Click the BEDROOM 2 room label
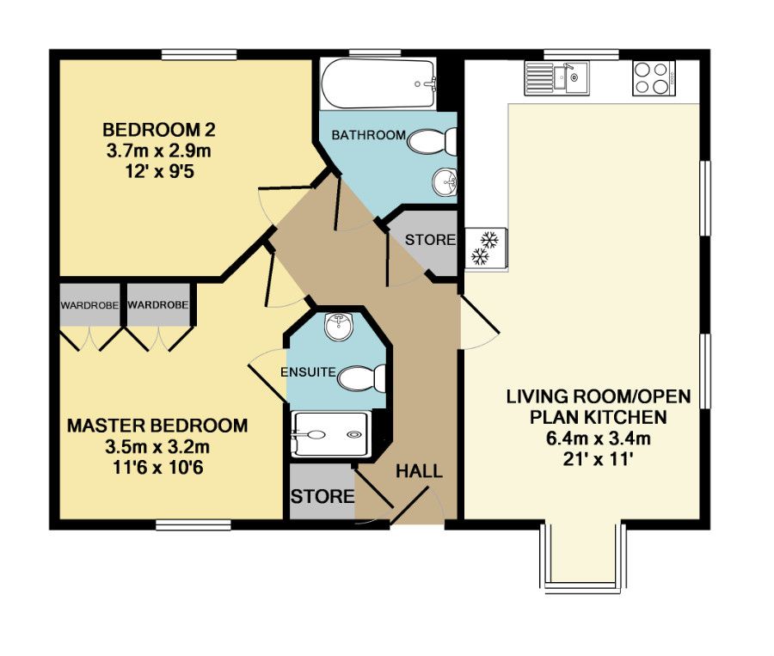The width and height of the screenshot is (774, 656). click(x=158, y=131)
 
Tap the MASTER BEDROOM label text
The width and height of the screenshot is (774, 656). click(x=157, y=426)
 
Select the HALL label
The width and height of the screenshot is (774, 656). click(x=419, y=471)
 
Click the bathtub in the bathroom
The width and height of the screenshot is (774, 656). click(x=378, y=83)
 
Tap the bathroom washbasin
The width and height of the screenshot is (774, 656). click(x=445, y=181)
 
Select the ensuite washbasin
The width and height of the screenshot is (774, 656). click(x=338, y=325)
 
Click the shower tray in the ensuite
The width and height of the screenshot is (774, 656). click(x=332, y=433)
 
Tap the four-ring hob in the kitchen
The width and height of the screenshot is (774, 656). click(x=653, y=79)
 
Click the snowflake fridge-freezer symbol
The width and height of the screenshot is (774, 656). click(x=482, y=248)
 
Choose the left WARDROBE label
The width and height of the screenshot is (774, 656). click(x=89, y=305)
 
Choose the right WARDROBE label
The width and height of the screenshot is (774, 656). click(x=157, y=305)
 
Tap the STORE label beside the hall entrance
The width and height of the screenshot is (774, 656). click(x=322, y=497)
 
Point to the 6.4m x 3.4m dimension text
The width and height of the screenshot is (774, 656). click(x=599, y=438)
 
